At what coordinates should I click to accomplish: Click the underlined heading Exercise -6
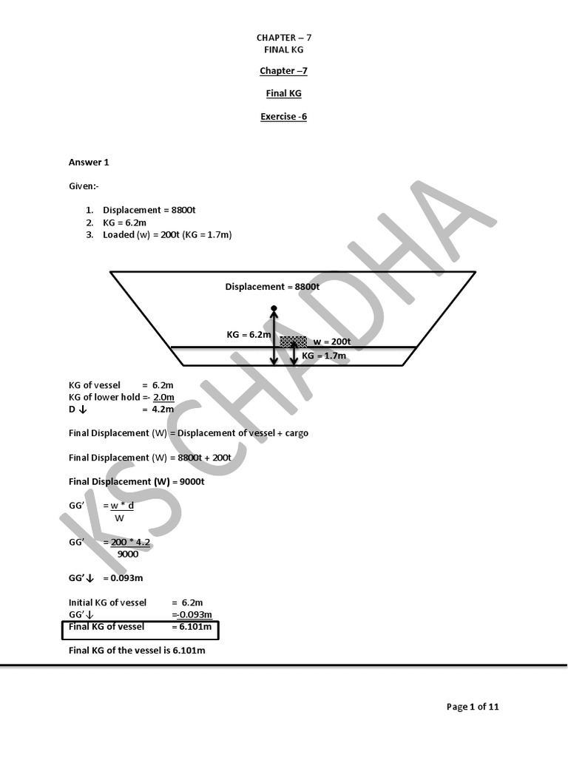click(x=283, y=116)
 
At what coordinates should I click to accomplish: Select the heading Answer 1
click(x=89, y=162)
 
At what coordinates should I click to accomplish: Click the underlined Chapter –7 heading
click(x=283, y=71)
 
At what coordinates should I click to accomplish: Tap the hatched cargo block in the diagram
click(x=293, y=342)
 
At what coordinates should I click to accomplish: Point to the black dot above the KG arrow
click(x=274, y=308)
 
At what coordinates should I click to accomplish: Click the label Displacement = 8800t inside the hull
click(x=272, y=287)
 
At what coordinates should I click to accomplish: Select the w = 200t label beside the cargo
click(x=331, y=342)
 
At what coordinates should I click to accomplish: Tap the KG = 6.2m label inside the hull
click(x=249, y=335)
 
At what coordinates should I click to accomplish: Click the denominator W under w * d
click(x=119, y=518)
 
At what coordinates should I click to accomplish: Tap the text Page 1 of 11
click(x=473, y=707)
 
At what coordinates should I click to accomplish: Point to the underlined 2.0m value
click(x=163, y=398)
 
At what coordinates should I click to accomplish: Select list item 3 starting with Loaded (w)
click(x=168, y=235)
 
